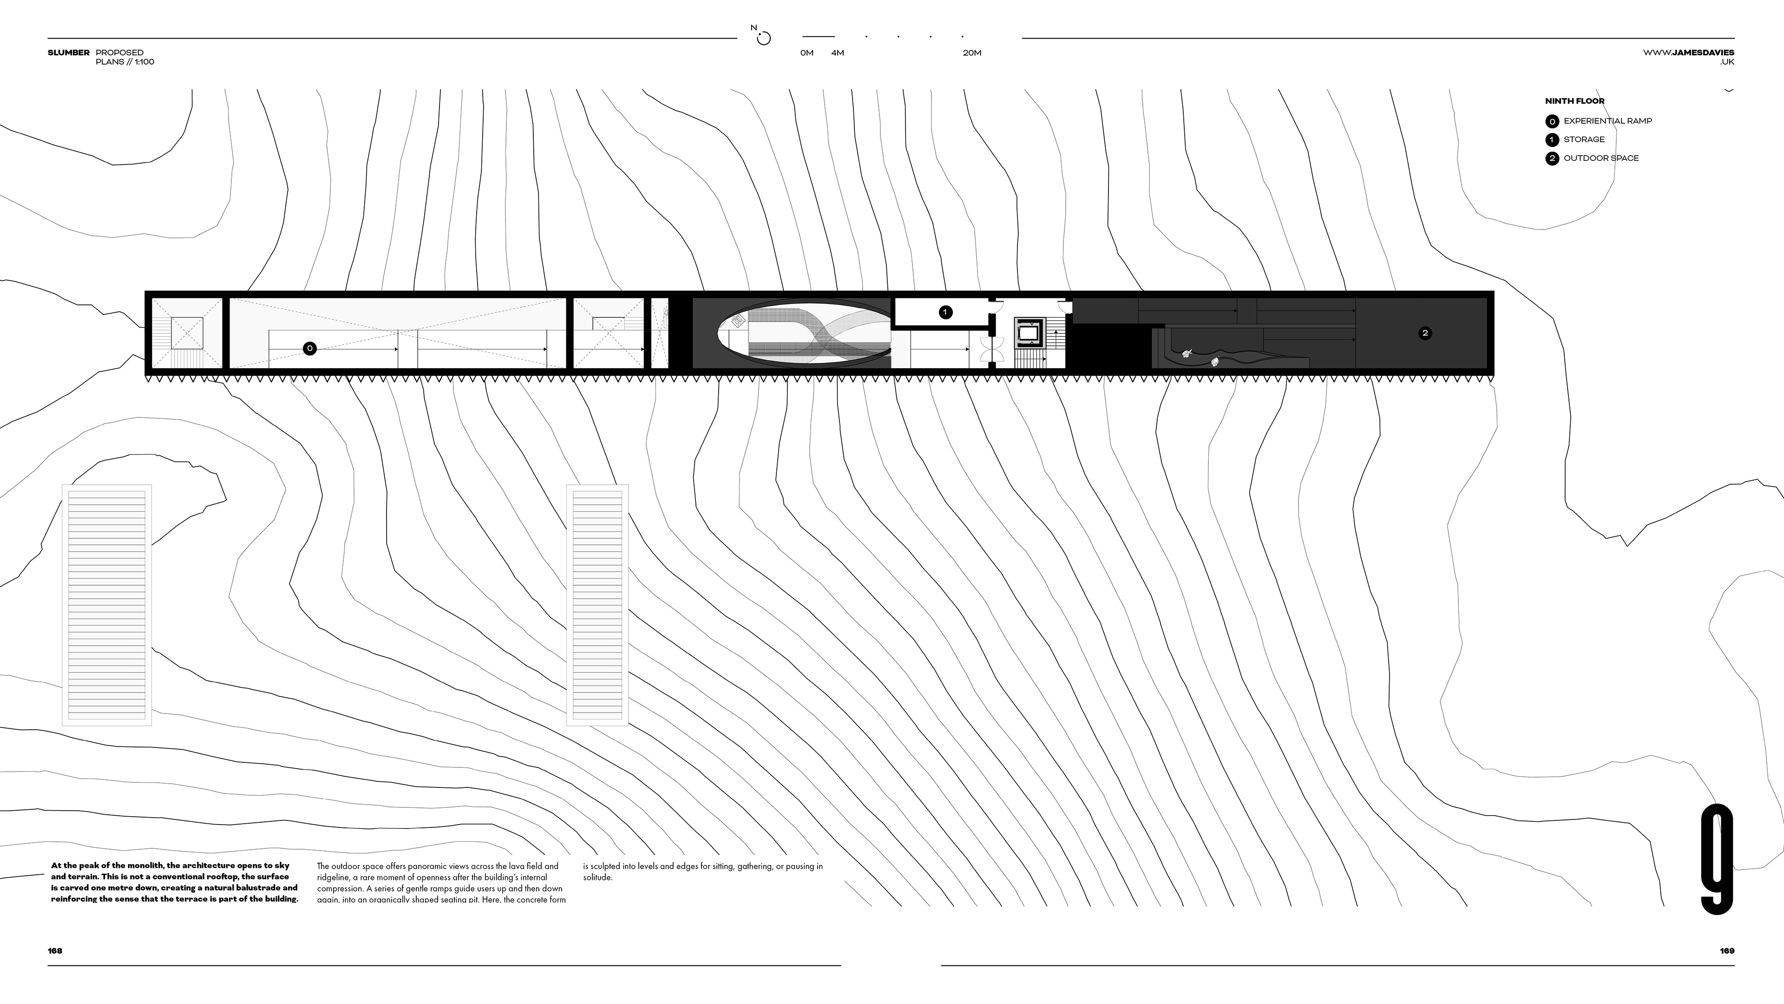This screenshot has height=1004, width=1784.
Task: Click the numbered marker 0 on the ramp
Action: tap(309, 349)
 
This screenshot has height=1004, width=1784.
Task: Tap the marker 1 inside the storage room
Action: tap(945, 312)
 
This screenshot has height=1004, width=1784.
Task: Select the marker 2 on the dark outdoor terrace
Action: tap(1424, 333)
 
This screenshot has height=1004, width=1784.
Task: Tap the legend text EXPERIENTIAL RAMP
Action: tap(1607, 120)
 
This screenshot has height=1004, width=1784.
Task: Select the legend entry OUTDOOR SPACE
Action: tap(1600, 158)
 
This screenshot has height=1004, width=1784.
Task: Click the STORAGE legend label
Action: tap(1584, 139)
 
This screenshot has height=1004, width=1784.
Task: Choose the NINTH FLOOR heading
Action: tap(1574, 101)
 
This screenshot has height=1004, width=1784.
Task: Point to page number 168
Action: tap(55, 951)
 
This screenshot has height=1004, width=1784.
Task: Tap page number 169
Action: tap(1726, 951)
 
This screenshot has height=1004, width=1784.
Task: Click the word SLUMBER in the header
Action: tap(69, 53)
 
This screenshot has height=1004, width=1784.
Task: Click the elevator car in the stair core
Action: tap(1029, 333)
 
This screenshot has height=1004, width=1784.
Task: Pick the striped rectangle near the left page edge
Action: tap(107, 604)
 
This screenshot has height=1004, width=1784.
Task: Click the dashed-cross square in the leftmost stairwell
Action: tap(187, 333)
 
